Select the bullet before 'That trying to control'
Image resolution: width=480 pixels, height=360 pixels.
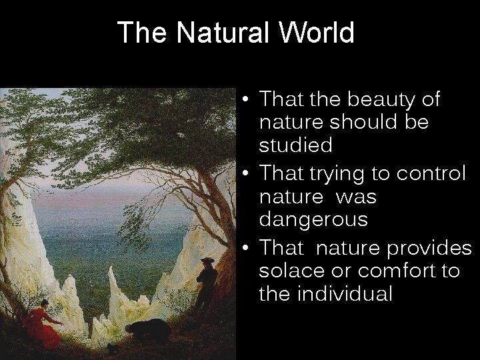[x=247, y=175]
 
